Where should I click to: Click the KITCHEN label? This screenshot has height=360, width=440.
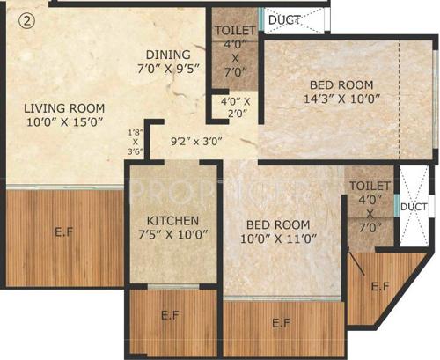coord(173,219)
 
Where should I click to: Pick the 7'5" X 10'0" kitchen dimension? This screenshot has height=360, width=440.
coord(173,235)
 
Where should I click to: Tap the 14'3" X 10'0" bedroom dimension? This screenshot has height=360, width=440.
coord(341,100)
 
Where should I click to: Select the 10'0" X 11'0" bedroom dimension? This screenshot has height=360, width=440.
coord(277,238)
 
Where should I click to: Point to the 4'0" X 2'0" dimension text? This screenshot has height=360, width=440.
coord(236,107)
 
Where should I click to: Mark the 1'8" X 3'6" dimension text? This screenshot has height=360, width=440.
coord(135,141)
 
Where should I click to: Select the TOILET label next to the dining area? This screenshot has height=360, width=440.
coord(235,29)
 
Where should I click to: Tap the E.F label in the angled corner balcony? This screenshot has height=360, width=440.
coord(380,287)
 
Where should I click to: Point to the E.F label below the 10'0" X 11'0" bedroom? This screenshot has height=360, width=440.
coord(281,324)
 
